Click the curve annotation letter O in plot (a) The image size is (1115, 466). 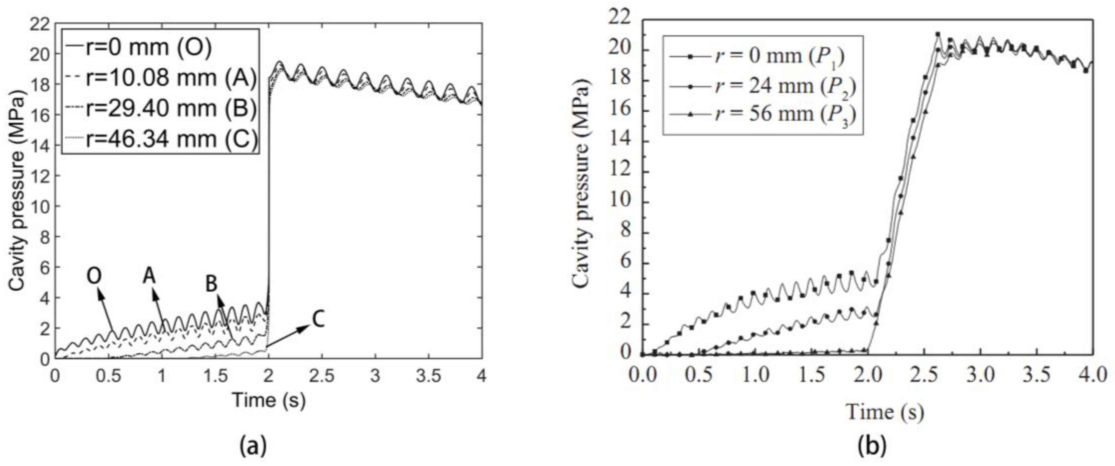[94, 275]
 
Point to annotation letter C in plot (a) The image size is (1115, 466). [318, 320]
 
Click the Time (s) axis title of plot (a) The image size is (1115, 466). [269, 400]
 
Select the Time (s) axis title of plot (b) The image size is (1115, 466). [885, 411]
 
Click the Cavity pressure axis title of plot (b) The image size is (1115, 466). [581, 186]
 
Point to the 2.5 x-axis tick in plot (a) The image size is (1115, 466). [322, 376]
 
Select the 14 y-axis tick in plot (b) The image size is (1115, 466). [620, 142]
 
